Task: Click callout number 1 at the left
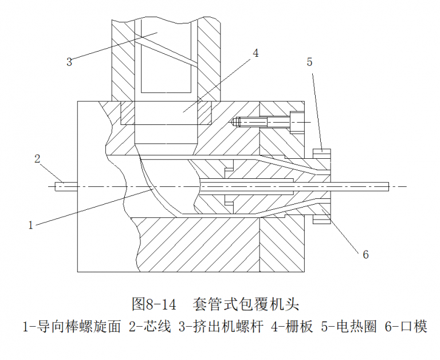tap(31, 225)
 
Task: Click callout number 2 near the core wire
tap(38, 158)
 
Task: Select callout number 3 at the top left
tap(69, 62)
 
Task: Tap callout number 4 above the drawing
tap(256, 53)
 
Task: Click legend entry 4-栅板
tap(292, 327)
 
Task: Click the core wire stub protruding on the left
tap(66, 186)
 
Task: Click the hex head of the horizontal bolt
tap(296, 122)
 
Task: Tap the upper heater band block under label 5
tap(322, 153)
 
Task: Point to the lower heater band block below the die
tap(322, 220)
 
